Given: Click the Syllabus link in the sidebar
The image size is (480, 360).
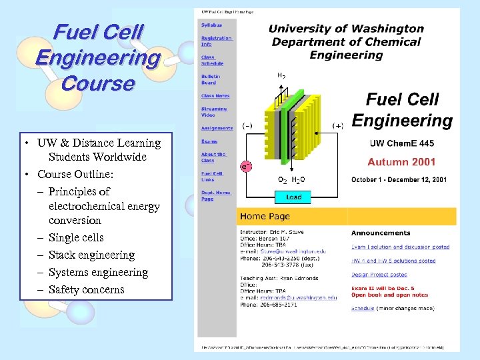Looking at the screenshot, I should (211, 24).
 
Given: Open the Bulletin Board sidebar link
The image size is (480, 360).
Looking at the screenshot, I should (209, 79).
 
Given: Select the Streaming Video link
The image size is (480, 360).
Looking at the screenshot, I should (214, 111).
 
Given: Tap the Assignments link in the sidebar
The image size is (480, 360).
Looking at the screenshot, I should (217, 128).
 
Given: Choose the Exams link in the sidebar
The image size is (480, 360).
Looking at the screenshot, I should (209, 141).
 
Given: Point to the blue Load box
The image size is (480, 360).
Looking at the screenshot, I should (293, 197).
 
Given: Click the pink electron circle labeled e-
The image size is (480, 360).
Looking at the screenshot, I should (246, 167).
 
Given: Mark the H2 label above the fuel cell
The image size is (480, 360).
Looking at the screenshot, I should (281, 76).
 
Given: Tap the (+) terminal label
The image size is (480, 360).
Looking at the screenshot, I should (338, 125).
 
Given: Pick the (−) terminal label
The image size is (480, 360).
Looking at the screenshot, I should (247, 125).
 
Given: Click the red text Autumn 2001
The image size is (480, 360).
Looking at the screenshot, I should (401, 161).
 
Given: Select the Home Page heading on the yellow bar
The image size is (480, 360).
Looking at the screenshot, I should (265, 216).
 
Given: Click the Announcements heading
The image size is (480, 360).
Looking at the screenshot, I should (381, 233).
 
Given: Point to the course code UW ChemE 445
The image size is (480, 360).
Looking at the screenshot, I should (401, 143).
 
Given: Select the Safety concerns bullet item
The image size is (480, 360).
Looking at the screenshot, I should (86, 289).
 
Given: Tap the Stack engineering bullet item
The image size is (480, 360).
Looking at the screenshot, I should (91, 255).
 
